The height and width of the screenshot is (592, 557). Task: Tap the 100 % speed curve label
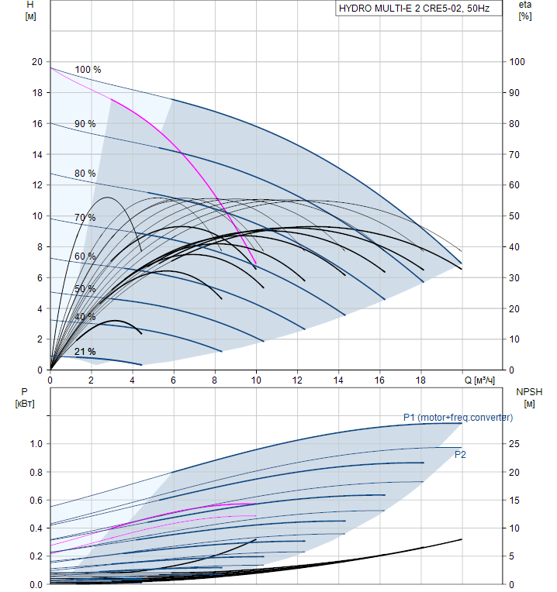[x=88, y=70]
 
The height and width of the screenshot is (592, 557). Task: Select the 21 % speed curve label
[x=85, y=352]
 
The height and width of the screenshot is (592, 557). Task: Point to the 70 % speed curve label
[x=85, y=218]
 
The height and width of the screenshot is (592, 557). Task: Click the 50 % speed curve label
[x=85, y=289]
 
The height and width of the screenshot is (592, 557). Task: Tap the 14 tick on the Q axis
[x=339, y=380]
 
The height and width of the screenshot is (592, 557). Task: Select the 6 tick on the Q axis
[x=174, y=380]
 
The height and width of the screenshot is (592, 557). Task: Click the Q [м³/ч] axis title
[x=480, y=380]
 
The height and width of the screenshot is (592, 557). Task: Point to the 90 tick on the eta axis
[x=517, y=93]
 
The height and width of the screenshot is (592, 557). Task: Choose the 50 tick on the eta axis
[x=517, y=216]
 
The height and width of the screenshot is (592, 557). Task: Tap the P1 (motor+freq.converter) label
[x=457, y=418]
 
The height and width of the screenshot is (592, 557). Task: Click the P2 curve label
[x=460, y=454]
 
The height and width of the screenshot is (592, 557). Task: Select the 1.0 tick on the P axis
[x=36, y=444]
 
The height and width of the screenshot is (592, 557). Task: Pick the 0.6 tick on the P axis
[x=36, y=500]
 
